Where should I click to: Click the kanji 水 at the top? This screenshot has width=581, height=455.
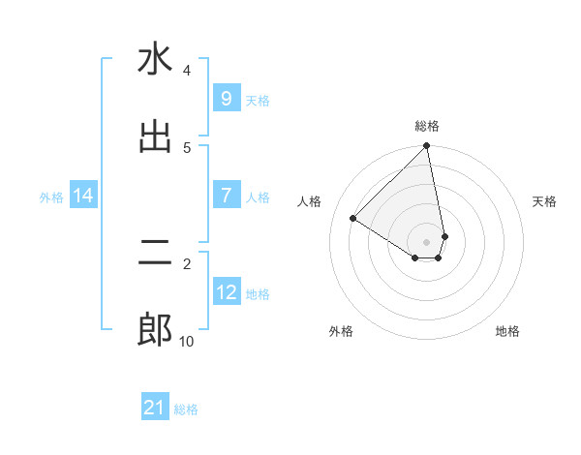pos(155,60)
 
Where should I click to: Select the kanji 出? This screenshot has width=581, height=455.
pos(155,136)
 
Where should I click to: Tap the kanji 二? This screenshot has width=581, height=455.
pos(155,254)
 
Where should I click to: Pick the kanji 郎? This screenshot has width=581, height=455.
pos(155,331)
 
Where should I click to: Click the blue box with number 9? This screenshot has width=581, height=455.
pos(226,99)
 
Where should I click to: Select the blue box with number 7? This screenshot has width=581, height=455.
pos(226,196)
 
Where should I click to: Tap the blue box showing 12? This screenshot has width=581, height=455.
pos(226,292)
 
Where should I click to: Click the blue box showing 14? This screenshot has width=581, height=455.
pos(83,197)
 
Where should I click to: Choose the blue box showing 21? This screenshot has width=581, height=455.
pos(155,409)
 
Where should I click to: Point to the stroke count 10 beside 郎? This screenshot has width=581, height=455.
pos(186,341)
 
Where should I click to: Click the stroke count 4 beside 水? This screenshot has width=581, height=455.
pos(187,71)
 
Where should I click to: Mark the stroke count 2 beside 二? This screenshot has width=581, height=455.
pos(187,262)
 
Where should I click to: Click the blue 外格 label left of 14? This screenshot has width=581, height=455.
pos(51,197)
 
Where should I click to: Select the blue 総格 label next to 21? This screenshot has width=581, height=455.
pos(186,409)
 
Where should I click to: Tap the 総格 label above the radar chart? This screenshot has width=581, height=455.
pos(427,126)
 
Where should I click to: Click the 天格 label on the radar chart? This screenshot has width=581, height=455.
pos(544,201)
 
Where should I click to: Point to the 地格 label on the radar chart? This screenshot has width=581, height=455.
pos(507,332)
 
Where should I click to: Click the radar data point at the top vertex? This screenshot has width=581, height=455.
pos(427,147)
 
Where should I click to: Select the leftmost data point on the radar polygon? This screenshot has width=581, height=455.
pos(353,219)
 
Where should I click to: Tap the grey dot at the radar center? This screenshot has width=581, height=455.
pos(427,241)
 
